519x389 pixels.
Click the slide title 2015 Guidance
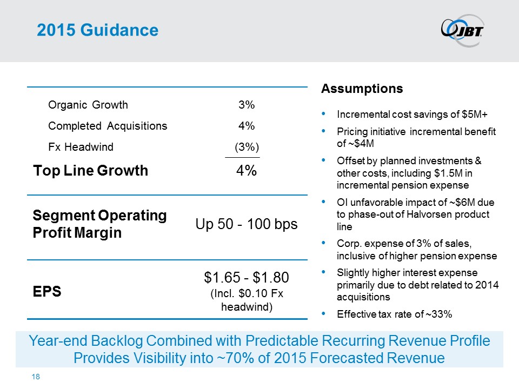97,30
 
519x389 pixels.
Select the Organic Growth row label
88,105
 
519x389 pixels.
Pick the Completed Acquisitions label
108,126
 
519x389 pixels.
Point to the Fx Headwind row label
81,147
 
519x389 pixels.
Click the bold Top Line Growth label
90,171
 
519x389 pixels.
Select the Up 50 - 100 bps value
247,224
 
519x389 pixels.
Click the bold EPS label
47,292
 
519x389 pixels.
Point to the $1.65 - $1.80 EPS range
247,278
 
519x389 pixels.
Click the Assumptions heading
362,89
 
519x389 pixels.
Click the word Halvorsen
429,214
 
